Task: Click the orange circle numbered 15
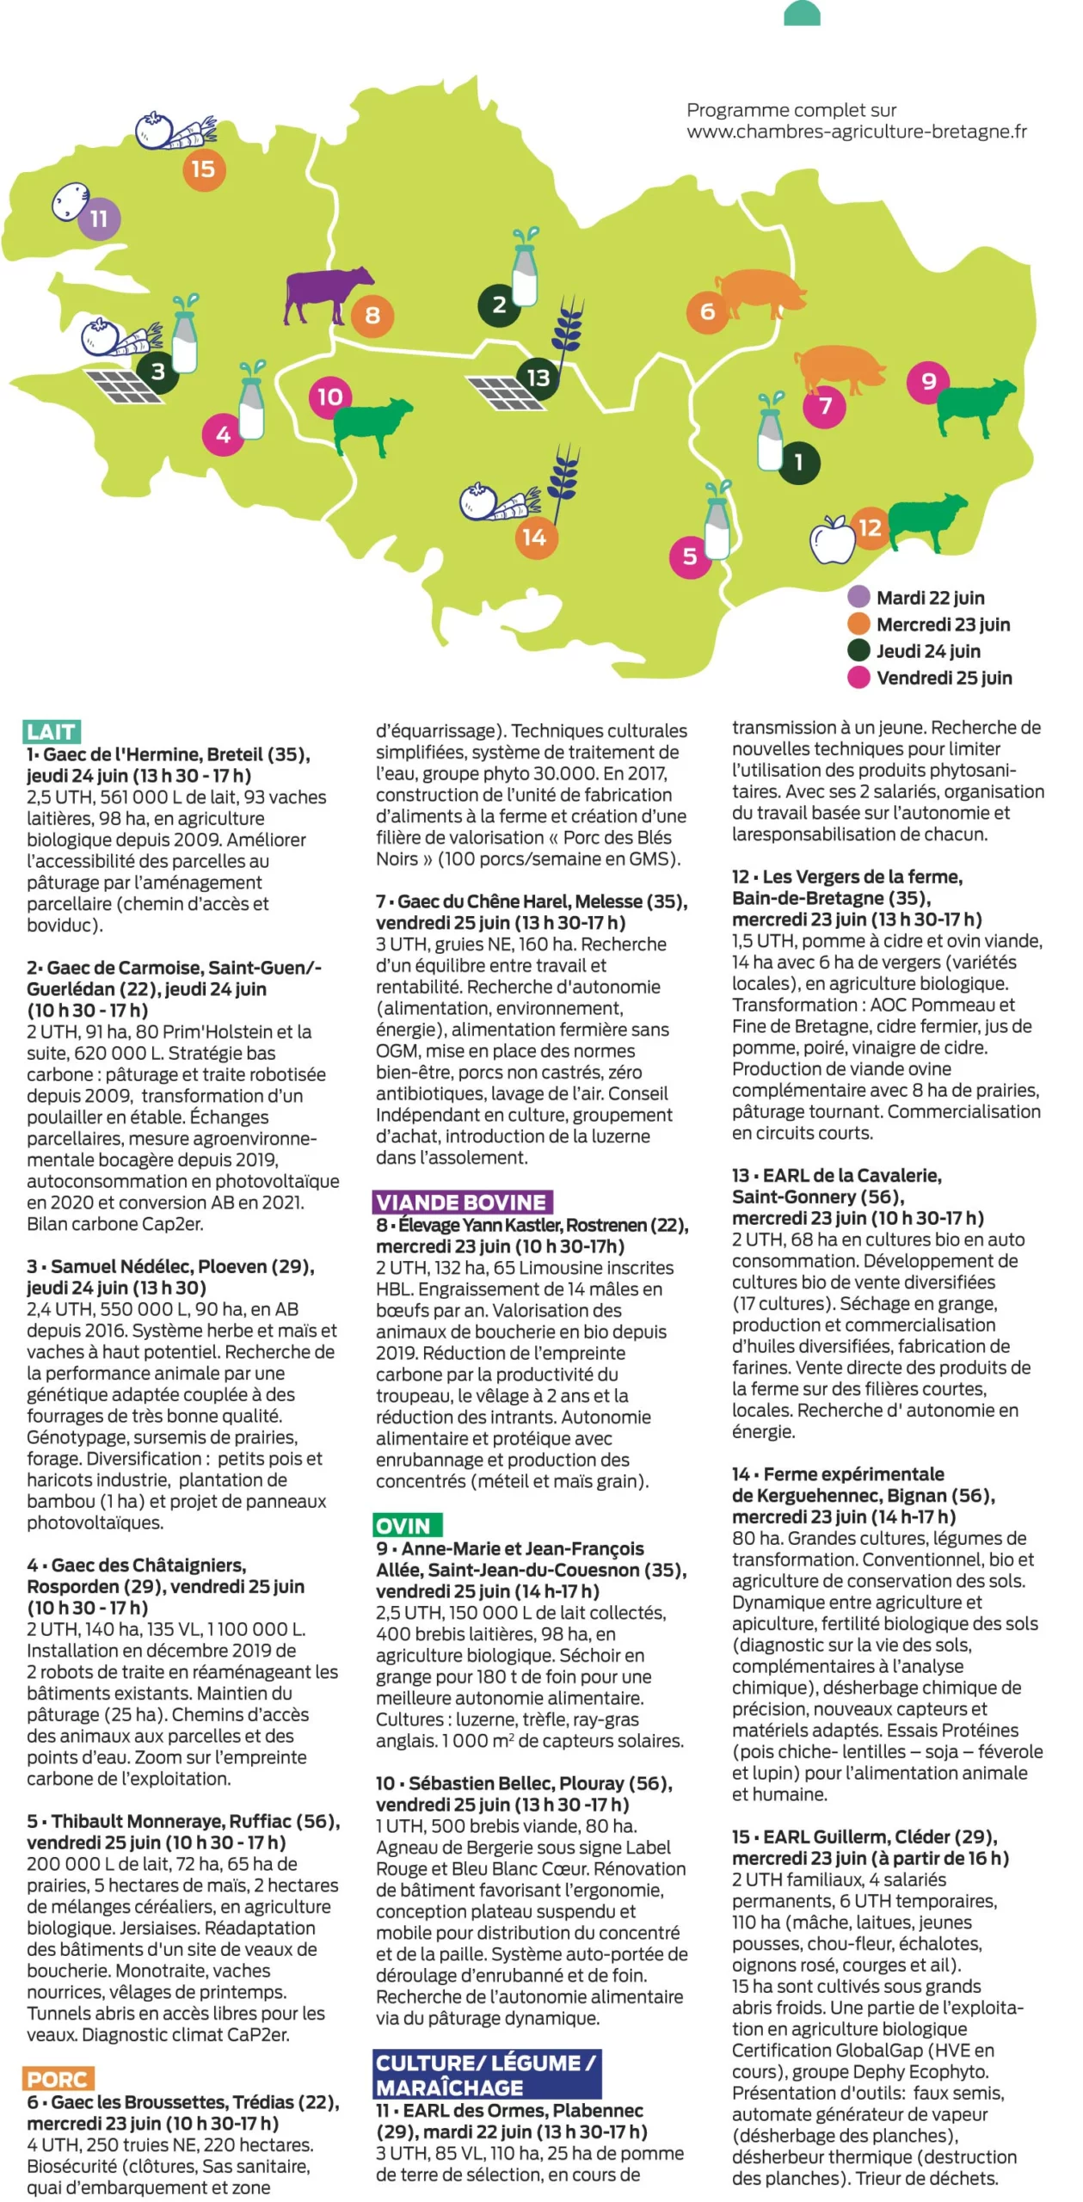pyautogui.click(x=203, y=169)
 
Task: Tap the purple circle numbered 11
pyautogui.click(x=99, y=218)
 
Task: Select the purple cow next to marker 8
pyautogui.click(x=327, y=293)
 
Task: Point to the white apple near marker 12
pyautogui.click(x=832, y=540)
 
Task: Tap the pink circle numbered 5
pyautogui.click(x=690, y=557)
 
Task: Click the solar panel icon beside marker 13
pyautogui.click(x=506, y=393)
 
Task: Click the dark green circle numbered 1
pyautogui.click(x=799, y=462)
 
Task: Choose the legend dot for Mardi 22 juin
pyautogui.click(x=858, y=597)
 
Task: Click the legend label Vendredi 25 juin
pyautogui.click(x=944, y=678)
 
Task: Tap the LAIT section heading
pyautogui.click(x=52, y=732)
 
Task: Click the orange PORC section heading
pyautogui.click(x=58, y=2079)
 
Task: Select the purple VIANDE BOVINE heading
pyautogui.click(x=462, y=1202)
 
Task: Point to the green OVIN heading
pyautogui.click(x=407, y=1525)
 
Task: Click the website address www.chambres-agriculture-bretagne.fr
pyautogui.click(x=856, y=132)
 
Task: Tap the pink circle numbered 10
pyautogui.click(x=330, y=397)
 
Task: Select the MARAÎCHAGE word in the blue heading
pyautogui.click(x=450, y=2088)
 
